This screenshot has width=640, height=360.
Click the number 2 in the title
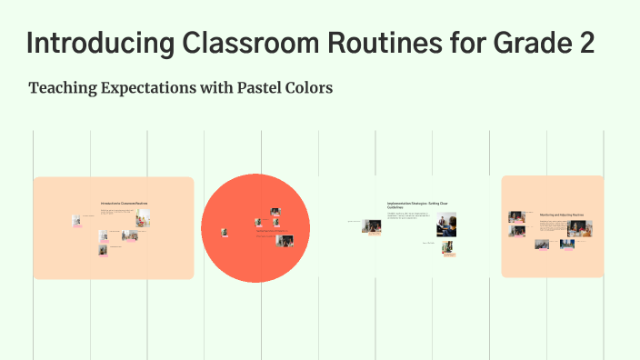586,43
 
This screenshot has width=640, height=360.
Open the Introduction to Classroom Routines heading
125,203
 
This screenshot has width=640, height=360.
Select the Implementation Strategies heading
417,205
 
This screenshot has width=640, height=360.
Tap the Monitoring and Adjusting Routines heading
561,215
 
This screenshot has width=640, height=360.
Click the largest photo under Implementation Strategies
446,225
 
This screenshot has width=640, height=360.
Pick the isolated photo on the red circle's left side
225,233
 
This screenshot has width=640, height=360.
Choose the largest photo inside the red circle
285,241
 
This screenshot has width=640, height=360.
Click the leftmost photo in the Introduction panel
76,220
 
